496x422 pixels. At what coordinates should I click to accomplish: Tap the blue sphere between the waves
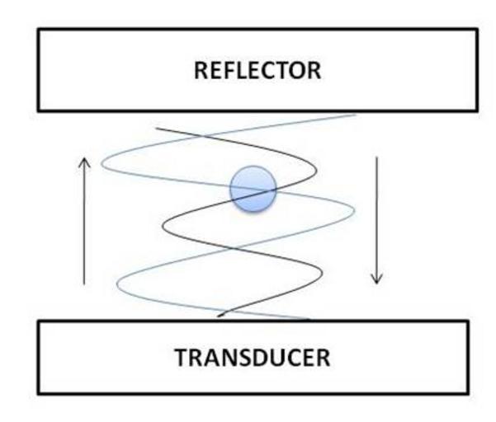click(251, 188)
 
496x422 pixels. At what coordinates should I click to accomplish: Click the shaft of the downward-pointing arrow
click(377, 214)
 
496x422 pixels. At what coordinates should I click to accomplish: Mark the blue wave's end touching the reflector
click(355, 115)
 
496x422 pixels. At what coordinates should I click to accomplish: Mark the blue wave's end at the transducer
click(310, 318)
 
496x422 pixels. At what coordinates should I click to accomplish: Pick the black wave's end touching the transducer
click(218, 316)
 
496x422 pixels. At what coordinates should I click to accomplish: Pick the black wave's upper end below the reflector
click(158, 129)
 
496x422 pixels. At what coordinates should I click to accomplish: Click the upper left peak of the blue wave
click(102, 162)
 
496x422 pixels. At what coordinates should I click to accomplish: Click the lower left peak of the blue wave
click(119, 285)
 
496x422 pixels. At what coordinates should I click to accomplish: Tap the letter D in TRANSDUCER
click(265, 359)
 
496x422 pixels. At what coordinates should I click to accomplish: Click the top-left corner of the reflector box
click(40, 30)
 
